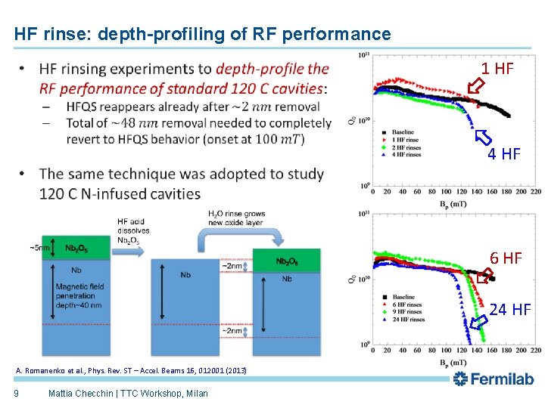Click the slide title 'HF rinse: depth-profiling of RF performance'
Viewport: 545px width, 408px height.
point(202,34)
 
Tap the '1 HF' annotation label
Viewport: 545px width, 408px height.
point(497,69)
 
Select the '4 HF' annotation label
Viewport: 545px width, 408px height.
point(503,154)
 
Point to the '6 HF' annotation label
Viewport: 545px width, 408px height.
point(506,258)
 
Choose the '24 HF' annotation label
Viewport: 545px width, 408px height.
point(509,309)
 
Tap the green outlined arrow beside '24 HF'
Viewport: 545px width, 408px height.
point(478,323)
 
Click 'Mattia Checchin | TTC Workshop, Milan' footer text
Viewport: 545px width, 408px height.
point(127,393)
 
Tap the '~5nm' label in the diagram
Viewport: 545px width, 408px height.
point(41,248)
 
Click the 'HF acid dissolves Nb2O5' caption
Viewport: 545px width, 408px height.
point(133,230)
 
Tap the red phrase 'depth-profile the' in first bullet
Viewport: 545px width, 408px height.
point(272,69)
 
